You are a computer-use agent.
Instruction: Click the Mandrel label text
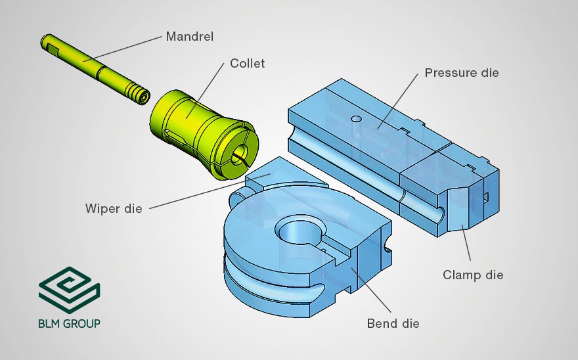tap(190, 36)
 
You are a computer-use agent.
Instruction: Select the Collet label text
tap(247, 64)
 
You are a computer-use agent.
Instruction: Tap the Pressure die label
tap(461, 72)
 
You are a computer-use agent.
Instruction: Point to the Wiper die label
tap(113, 210)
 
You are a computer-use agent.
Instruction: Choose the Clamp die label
tap(473, 275)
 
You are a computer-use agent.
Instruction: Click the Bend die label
tap(393, 323)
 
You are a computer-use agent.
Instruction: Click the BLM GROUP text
tap(69, 323)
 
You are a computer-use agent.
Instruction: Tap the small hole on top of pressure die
tap(356, 119)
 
